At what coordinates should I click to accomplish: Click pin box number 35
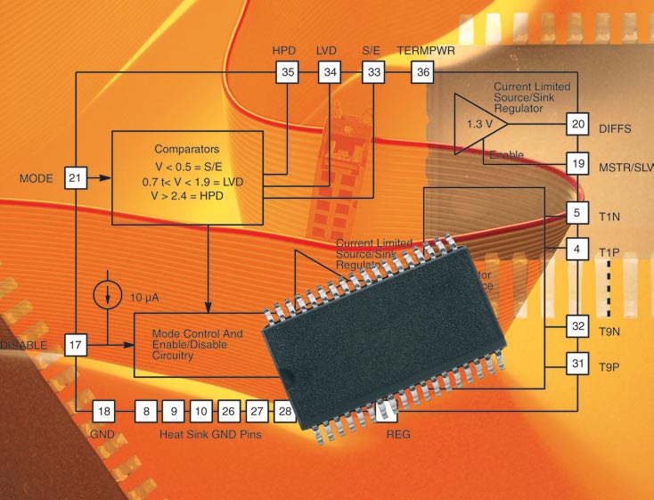287,71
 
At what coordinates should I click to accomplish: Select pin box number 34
330,71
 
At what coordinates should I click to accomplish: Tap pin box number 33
372,71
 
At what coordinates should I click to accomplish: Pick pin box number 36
422,71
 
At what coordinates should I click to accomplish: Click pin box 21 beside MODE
76,179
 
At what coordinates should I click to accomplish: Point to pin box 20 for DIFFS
578,124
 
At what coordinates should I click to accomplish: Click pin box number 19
578,164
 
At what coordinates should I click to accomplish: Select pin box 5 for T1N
578,213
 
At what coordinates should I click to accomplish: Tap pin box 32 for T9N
578,326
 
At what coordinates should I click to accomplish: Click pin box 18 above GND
104,411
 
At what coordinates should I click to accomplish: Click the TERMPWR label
426,51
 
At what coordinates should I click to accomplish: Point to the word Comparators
185,149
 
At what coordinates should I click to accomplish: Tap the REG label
398,435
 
